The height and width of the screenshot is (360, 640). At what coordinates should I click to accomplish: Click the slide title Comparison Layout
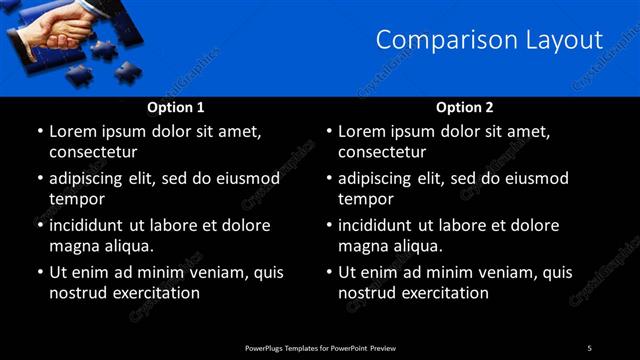pos(489,40)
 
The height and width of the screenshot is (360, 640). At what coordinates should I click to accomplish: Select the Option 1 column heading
pos(176,107)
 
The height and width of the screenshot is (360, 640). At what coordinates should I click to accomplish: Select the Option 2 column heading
pos(465,107)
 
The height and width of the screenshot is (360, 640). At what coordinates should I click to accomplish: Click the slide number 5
pos(589,347)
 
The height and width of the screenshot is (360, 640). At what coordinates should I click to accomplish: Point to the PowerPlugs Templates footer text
pos(320,347)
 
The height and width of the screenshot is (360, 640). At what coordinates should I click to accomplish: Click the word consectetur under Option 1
pos(92,152)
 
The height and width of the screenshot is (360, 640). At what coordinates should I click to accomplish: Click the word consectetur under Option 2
pos(381,152)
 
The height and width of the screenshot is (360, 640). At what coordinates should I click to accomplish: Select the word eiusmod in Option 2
pos(537,179)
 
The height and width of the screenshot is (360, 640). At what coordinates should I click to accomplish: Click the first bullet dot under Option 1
pos(39,132)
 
